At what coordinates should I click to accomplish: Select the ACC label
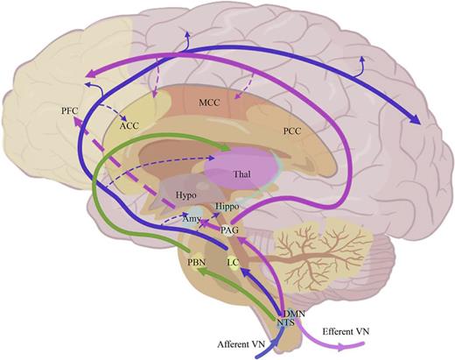pyautogui.click(x=129, y=125)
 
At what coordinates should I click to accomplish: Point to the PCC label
pyautogui.click(x=293, y=131)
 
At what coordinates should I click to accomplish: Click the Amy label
pyautogui.click(x=191, y=219)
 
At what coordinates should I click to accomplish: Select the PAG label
pyautogui.click(x=230, y=229)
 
